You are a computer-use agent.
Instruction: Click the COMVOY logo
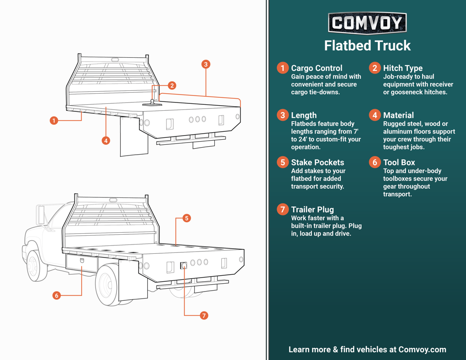pyautogui.click(x=367, y=23)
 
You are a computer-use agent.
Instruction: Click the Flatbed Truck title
pyautogui.click(x=367, y=46)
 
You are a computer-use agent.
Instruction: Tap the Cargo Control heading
pyautogui.click(x=316, y=68)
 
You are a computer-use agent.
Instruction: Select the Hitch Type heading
pyautogui.click(x=403, y=68)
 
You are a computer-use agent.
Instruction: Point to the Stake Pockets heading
pyautogui.click(x=317, y=163)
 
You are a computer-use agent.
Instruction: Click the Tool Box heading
pyautogui.click(x=399, y=163)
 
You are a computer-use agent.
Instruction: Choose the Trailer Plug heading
pyautogui.click(x=312, y=210)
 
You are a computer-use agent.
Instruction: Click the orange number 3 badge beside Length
pyautogui.click(x=282, y=115)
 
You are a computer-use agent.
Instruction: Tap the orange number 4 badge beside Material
pyautogui.click(x=375, y=115)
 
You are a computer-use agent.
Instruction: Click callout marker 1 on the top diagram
pyautogui.click(x=54, y=121)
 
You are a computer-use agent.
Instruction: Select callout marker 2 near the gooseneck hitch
pyautogui.click(x=172, y=86)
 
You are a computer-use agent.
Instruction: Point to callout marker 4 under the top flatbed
pyautogui.click(x=106, y=140)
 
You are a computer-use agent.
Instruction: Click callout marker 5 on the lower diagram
pyautogui.click(x=186, y=218)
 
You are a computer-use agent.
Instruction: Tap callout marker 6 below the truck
pyautogui.click(x=56, y=295)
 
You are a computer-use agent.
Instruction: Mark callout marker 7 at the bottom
pyautogui.click(x=204, y=315)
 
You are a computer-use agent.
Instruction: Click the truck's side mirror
pyautogui.click(x=41, y=214)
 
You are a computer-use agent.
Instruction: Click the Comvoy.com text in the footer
pyautogui.click(x=422, y=349)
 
